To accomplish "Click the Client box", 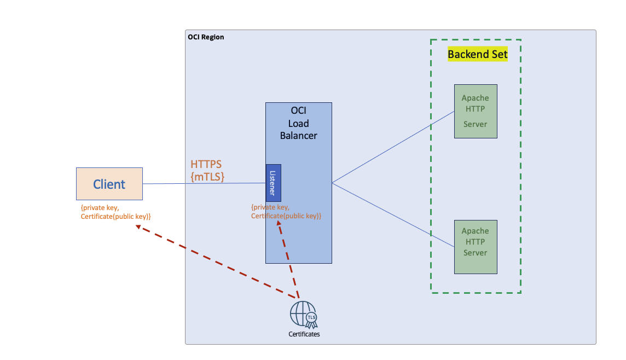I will (x=109, y=184).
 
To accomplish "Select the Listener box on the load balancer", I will (x=274, y=183).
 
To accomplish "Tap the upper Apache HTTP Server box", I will (x=476, y=111).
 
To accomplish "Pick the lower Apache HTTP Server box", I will (x=476, y=247).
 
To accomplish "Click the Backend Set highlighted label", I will (x=478, y=54).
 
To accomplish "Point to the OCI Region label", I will (x=206, y=37).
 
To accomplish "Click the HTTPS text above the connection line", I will (x=206, y=164).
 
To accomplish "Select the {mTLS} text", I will (x=207, y=176).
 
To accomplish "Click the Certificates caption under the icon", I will (x=304, y=334).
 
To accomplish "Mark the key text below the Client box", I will (x=115, y=212).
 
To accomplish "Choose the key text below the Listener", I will (x=286, y=212).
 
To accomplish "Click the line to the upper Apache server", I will (x=393, y=147).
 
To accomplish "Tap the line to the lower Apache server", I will (x=393, y=214).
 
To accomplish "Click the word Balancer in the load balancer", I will (x=298, y=135).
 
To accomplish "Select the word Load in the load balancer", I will (x=298, y=124).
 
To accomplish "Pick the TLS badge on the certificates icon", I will (x=311, y=317).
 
